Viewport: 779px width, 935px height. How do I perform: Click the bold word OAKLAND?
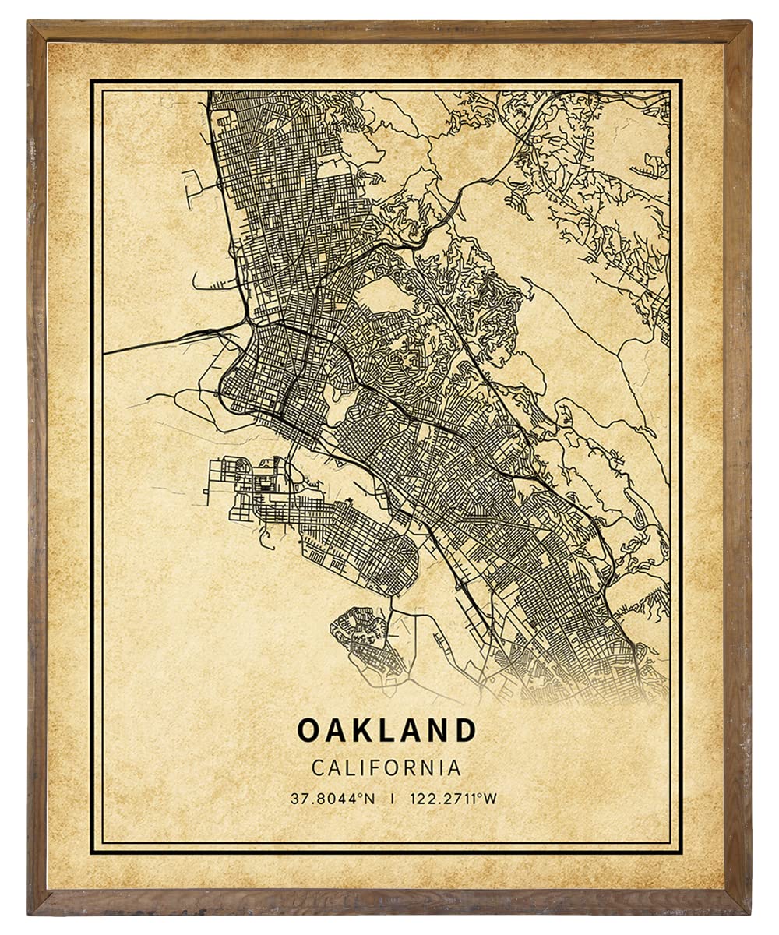[386, 730]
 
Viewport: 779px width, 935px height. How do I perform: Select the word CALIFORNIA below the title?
[386, 767]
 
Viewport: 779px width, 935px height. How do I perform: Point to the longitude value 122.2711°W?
[449, 798]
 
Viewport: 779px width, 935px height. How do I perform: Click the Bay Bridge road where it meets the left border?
[107, 353]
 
